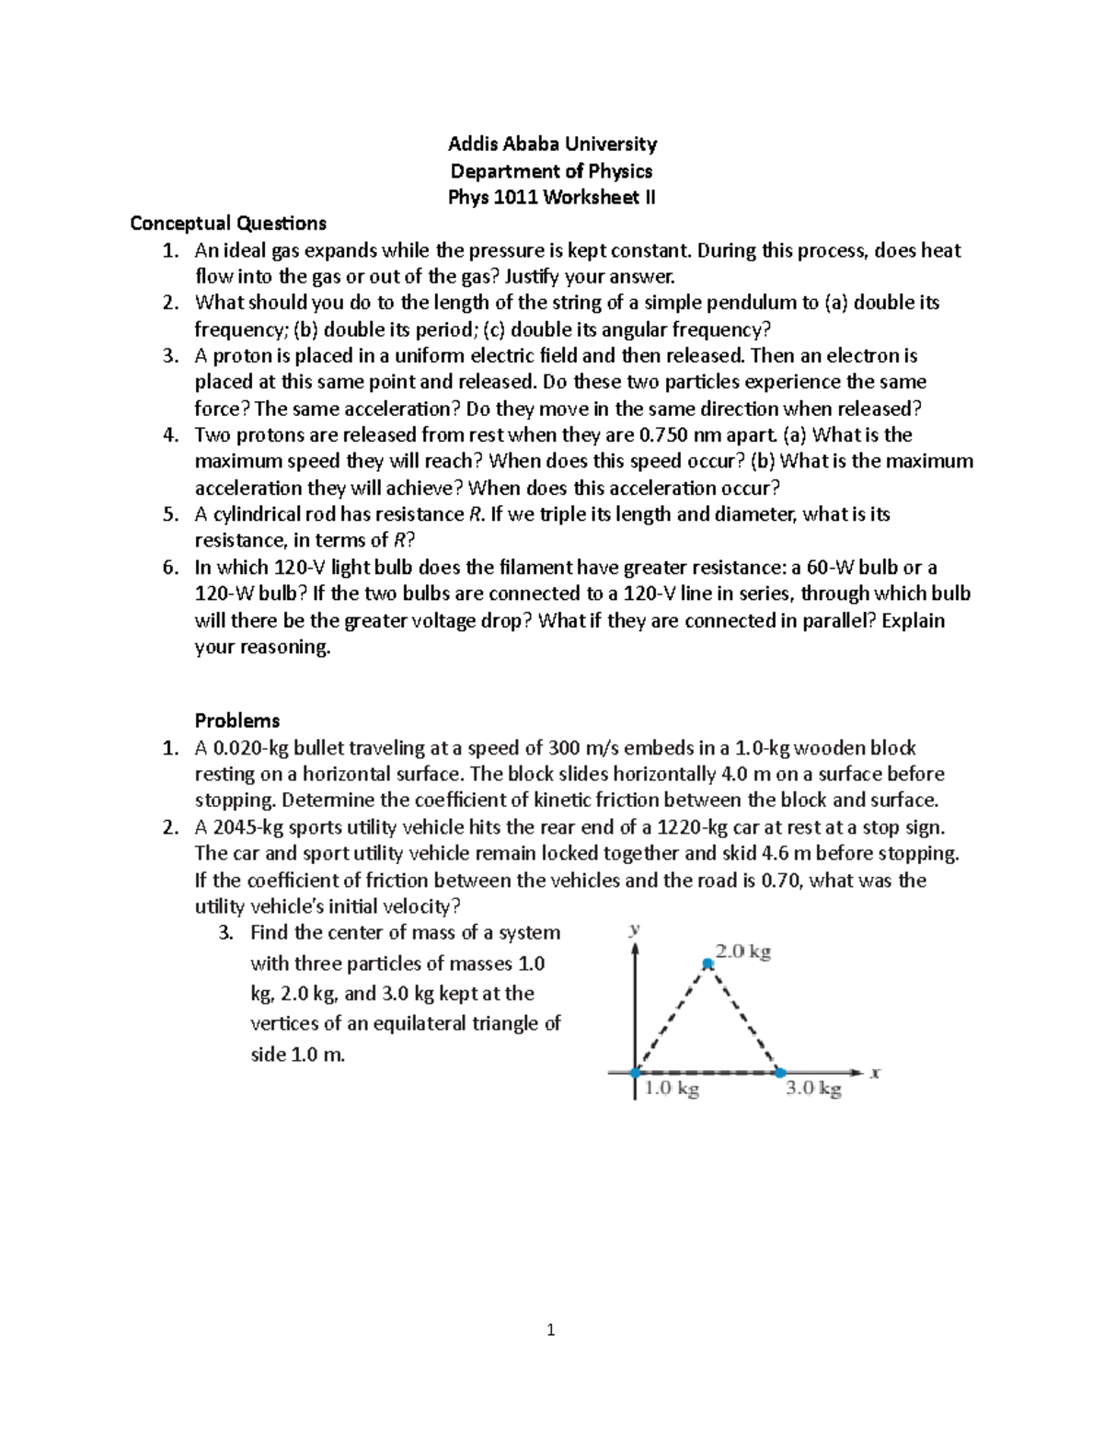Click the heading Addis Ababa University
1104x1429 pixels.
[552, 144]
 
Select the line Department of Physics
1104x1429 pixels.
[551, 170]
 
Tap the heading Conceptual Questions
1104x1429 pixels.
[228, 223]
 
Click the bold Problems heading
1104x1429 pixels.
[237, 720]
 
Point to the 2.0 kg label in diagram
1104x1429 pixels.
[743, 952]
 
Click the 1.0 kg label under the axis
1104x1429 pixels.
[672, 1089]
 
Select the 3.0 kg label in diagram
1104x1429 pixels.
[813, 1089]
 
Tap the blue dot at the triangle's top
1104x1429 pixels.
[707, 964]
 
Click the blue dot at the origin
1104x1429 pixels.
[635, 1072]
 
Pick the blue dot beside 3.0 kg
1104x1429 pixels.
[780, 1072]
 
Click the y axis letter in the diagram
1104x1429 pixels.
[634, 929]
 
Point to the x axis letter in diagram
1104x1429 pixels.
[876, 1072]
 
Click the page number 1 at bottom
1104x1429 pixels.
[551, 1330]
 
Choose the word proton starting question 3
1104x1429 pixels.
[238, 356]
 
